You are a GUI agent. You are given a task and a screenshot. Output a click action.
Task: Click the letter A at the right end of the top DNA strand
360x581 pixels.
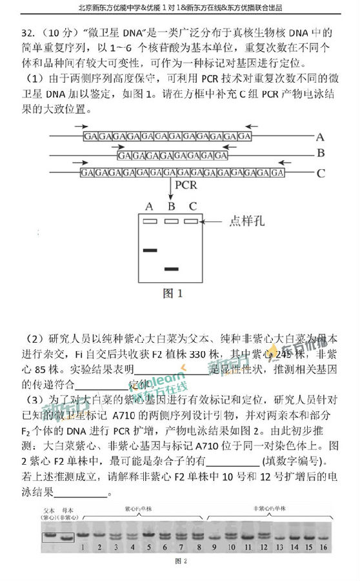[x=319, y=137]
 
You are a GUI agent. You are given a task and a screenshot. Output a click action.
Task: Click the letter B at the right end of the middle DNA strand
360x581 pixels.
[x=319, y=154]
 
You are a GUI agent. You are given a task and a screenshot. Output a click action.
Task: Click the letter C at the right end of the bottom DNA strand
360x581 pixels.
[x=320, y=172]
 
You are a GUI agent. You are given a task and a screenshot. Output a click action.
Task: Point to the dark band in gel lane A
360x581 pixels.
[x=150, y=250]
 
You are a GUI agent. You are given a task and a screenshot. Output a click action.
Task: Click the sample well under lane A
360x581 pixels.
[x=150, y=222]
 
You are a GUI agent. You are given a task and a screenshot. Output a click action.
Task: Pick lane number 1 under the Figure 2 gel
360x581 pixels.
[x=84, y=548]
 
